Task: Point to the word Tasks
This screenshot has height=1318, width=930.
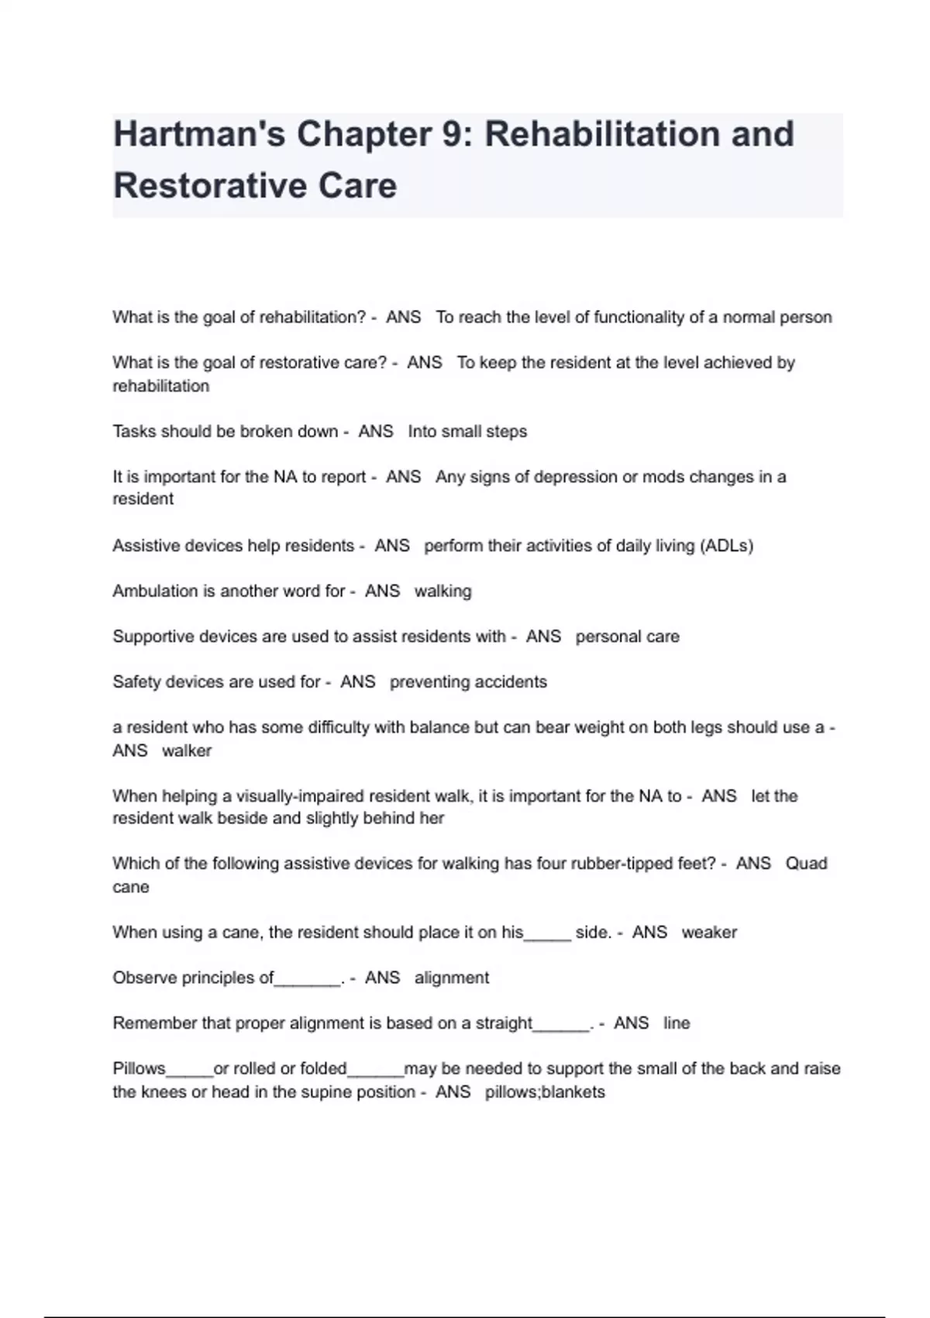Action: [x=134, y=431]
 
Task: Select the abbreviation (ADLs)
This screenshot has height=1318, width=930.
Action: [x=725, y=546]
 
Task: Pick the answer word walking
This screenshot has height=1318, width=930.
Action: [x=443, y=591]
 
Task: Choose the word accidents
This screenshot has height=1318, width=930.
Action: [x=511, y=681]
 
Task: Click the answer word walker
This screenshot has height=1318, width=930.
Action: [x=186, y=750]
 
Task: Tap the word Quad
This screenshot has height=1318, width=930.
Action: [x=806, y=864]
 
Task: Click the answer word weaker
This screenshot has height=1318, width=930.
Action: [x=709, y=932]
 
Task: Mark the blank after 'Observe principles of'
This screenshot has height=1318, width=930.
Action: [x=308, y=978]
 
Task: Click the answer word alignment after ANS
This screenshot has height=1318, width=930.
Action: [x=451, y=978]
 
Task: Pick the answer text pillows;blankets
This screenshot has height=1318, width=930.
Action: [x=545, y=1092]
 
